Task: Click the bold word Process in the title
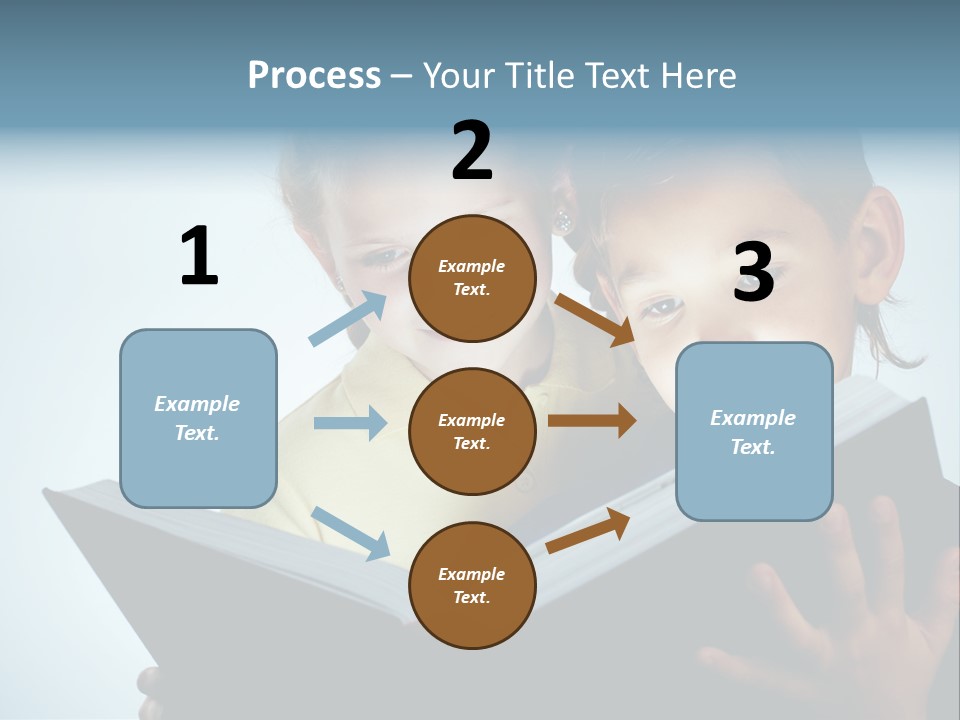tap(314, 76)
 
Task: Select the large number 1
tap(199, 256)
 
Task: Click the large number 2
tap(472, 151)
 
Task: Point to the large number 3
tap(753, 272)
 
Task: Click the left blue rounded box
tap(198, 418)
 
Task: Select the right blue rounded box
tap(754, 431)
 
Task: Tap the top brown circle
tap(472, 278)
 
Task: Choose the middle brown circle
tap(472, 431)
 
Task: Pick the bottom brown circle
tap(472, 585)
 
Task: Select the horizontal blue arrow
tap(350, 423)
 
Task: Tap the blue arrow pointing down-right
tap(350, 533)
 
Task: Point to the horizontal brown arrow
tap(592, 421)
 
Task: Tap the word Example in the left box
tap(197, 404)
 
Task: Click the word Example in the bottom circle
tap(471, 574)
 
